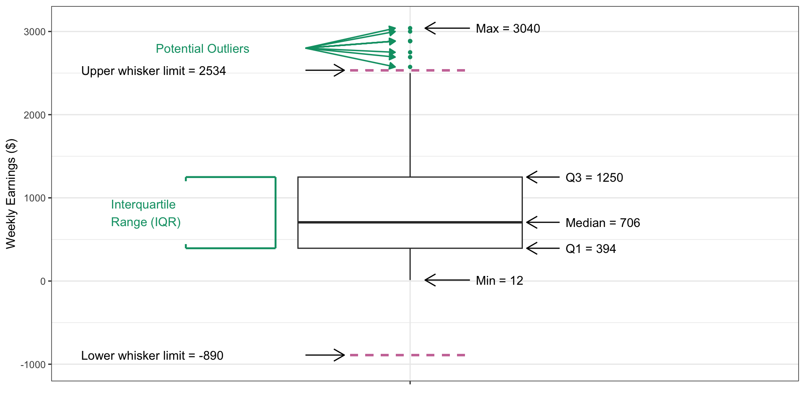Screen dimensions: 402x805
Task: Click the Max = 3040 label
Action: (508, 28)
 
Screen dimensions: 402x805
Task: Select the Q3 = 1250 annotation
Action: (594, 178)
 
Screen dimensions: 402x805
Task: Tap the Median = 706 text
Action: (602, 223)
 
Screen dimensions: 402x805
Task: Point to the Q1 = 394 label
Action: (590, 249)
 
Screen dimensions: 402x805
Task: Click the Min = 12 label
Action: (499, 281)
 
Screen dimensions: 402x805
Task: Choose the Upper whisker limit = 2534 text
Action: (153, 71)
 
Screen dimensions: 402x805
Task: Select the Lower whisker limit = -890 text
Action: (152, 356)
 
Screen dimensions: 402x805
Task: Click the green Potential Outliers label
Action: (203, 49)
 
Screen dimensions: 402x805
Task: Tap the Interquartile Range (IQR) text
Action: (145, 213)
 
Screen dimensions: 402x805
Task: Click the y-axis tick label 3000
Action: (34, 32)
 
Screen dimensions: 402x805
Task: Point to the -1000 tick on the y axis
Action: (33, 365)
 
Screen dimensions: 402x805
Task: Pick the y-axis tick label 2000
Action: (34, 115)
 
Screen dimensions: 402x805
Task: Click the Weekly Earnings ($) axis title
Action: (11, 193)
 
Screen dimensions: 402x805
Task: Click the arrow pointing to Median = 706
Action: (543, 222)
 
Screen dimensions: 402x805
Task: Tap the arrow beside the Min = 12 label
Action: (447, 280)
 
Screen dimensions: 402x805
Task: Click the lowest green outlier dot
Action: (410, 67)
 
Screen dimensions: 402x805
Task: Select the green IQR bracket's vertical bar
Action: (275, 213)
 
